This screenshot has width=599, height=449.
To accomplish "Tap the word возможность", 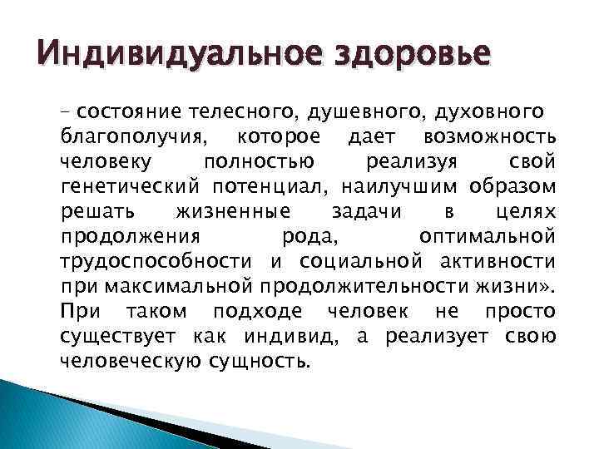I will pyautogui.click(x=491, y=135).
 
